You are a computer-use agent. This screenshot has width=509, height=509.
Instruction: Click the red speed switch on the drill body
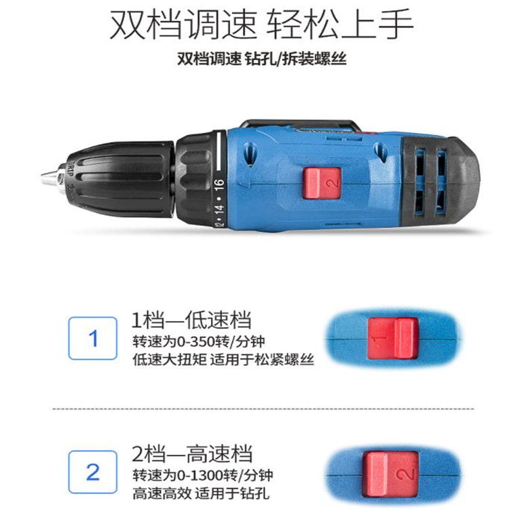(322, 183)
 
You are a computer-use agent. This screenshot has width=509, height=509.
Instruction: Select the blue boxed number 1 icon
(92, 338)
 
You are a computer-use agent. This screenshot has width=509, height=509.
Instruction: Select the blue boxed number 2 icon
(92, 472)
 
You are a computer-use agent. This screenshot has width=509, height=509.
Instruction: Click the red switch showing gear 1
(392, 339)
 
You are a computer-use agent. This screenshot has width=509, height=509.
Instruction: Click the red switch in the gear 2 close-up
(390, 474)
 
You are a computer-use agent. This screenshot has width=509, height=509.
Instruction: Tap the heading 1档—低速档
(191, 320)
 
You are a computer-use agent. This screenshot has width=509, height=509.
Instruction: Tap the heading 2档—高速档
(192, 453)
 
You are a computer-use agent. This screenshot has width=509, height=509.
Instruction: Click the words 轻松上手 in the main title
(339, 24)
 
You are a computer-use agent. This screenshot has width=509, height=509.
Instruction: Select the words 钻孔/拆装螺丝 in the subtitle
(296, 59)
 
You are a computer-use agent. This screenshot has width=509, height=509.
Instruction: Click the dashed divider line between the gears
(263, 409)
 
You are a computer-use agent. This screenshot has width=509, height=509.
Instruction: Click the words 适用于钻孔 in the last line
(232, 494)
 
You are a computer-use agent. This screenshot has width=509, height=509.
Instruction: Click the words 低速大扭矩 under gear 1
(170, 360)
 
